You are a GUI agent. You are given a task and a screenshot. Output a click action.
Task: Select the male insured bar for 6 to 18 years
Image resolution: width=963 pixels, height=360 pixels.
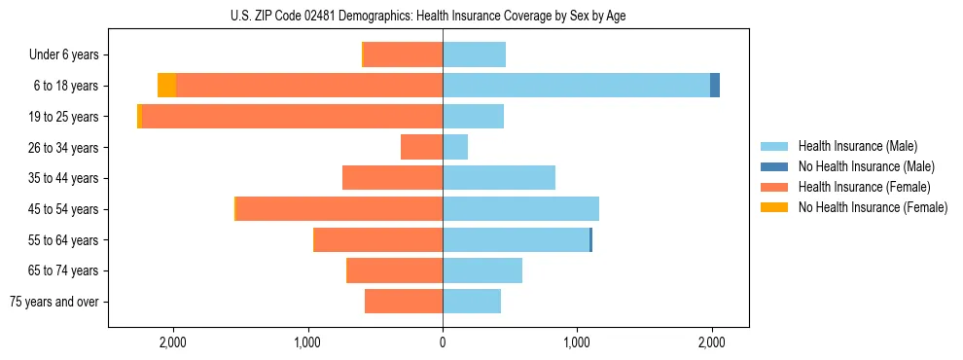(576, 86)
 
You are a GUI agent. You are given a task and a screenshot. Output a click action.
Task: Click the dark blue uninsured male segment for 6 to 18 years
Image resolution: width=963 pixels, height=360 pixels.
(715, 86)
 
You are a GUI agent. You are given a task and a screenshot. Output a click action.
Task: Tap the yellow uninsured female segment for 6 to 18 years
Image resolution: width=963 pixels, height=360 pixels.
(166, 86)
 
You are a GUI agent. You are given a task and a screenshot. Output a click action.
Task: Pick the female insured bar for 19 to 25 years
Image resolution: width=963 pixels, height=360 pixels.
(292, 117)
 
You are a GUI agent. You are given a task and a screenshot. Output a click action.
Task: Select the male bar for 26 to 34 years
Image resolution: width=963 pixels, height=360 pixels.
(455, 147)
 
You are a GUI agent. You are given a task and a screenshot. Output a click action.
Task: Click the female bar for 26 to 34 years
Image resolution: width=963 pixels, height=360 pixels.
(421, 147)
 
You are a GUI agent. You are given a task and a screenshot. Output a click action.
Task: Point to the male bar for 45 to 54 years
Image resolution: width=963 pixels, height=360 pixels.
(520, 209)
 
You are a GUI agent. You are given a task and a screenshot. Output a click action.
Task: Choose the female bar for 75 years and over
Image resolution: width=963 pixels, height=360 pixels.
(404, 302)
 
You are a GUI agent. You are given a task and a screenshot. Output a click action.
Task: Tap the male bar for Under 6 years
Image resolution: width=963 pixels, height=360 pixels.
(474, 54)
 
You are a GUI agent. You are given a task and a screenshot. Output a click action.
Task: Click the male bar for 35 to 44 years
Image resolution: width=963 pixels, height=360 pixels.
(499, 178)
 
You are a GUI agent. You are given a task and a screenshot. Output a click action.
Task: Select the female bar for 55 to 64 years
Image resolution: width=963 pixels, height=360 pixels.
(378, 240)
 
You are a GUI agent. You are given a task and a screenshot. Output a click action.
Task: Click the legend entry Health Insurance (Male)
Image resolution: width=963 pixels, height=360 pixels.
(857, 146)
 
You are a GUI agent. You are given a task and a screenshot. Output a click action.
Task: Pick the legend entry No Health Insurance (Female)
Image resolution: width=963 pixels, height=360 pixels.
(873, 207)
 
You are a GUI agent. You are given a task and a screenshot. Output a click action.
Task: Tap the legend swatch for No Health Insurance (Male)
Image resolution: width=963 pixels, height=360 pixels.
(775, 166)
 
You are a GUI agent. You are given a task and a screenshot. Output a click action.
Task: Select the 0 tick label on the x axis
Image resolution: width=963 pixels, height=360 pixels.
(443, 342)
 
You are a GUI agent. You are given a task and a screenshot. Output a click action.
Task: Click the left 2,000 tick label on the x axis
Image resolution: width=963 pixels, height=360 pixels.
(173, 342)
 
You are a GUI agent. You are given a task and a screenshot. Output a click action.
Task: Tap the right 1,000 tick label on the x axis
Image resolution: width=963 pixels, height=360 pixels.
(577, 342)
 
